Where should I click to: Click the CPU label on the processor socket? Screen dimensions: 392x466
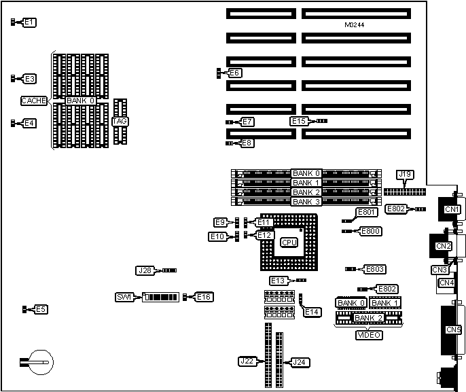click(289, 242)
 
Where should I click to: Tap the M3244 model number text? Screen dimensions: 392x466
click(355, 25)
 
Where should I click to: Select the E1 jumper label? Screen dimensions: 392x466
click(29, 22)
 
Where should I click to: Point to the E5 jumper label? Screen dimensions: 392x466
click(41, 309)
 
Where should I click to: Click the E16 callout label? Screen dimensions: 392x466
click(204, 297)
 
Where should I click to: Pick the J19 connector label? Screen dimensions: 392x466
click(405, 175)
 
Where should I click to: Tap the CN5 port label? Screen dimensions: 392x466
click(453, 330)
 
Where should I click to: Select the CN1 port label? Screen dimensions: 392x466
click(452, 209)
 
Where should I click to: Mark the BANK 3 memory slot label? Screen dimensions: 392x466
click(306, 202)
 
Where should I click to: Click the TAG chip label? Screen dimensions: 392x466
click(120, 121)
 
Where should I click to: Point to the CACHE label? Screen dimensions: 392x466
click(34, 101)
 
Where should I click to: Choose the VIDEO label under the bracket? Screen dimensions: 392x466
click(369, 334)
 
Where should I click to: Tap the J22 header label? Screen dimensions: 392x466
click(247, 361)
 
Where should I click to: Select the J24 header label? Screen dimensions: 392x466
click(300, 361)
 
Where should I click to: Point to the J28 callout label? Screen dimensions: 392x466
click(145, 270)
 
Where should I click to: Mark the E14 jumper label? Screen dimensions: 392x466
click(312, 311)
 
